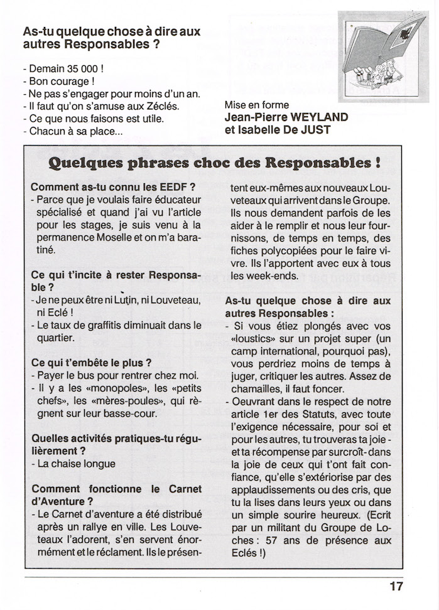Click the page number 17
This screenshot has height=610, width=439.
[x=396, y=587]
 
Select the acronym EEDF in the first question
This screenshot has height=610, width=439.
[x=170, y=187]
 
